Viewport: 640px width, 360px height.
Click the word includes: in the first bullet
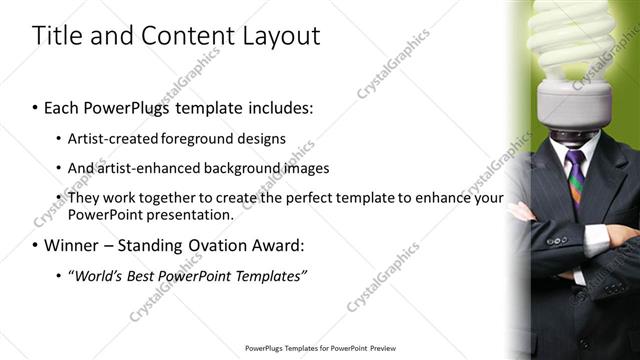click(x=272, y=106)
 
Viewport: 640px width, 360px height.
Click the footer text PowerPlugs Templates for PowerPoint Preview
click(x=320, y=348)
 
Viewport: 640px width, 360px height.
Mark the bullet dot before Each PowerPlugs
click(x=35, y=107)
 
